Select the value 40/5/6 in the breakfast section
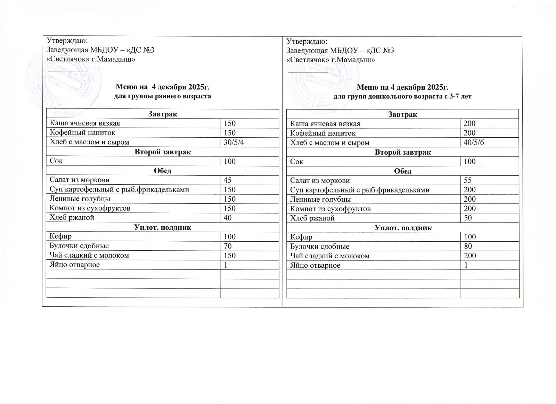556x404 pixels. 474,143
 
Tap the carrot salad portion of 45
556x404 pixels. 228,180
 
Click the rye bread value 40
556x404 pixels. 228,218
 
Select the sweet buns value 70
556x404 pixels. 228,246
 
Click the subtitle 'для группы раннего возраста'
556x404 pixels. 163,96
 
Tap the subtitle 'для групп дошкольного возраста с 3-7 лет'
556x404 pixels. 402,97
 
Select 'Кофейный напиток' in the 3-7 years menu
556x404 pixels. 323,133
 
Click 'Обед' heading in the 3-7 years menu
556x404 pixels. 403,171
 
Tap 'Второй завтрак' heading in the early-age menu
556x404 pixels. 163,152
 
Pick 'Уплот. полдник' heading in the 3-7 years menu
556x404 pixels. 403,228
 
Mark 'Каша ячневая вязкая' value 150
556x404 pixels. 230,123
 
